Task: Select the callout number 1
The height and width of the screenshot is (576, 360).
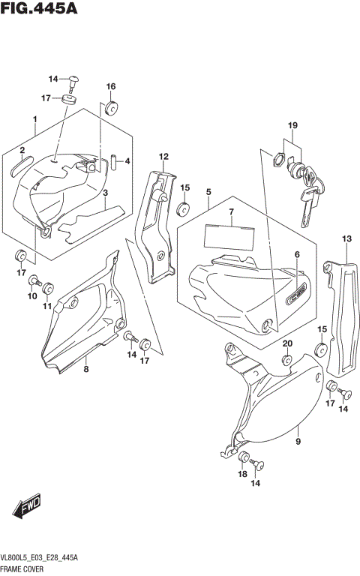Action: pyautogui.click(x=34, y=119)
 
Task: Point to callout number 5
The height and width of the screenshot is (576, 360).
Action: pyautogui.click(x=208, y=192)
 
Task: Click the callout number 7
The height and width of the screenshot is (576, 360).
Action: pyautogui.click(x=232, y=212)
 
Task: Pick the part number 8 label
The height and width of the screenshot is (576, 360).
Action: pyautogui.click(x=86, y=368)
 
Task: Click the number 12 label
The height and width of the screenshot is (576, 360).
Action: pyautogui.click(x=161, y=156)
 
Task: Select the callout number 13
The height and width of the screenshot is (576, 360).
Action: pyautogui.click(x=346, y=238)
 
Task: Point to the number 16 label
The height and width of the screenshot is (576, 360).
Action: pyautogui.click(x=110, y=86)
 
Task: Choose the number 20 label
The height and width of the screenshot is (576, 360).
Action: pyautogui.click(x=286, y=344)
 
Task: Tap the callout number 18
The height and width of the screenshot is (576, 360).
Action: pyautogui.click(x=242, y=475)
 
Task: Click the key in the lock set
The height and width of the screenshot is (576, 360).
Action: pyautogui.click(x=308, y=202)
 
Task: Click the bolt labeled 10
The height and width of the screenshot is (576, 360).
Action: pyautogui.click(x=33, y=281)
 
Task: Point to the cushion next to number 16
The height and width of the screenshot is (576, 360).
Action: pyautogui.click(x=111, y=108)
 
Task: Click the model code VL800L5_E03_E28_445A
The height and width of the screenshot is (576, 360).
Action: pyautogui.click(x=46, y=559)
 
